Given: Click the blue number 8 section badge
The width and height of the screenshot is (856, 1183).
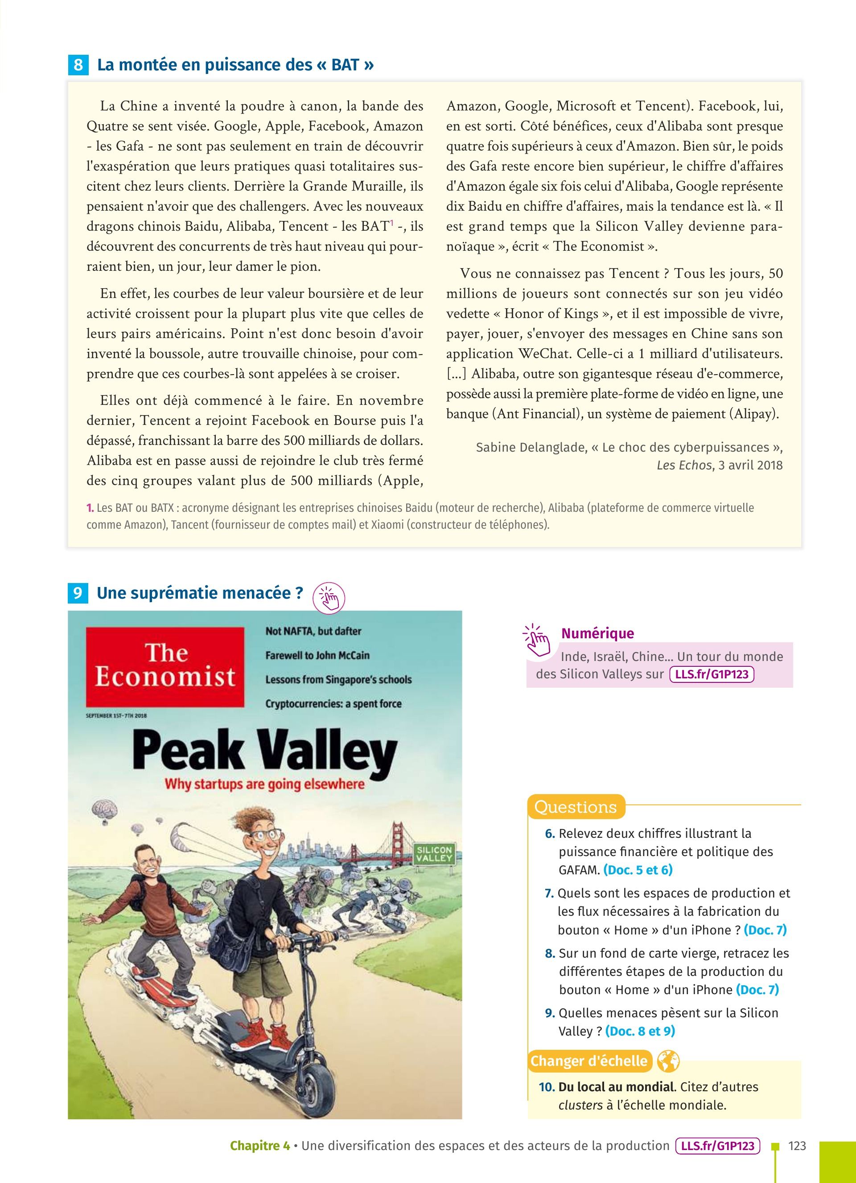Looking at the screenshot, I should coord(78,65).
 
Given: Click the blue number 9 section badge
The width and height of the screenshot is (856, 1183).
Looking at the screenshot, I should coord(78,593).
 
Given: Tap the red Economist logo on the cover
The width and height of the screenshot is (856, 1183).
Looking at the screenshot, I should coord(165,667).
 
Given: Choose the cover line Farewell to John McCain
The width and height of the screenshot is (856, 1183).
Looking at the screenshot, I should coord(317,655).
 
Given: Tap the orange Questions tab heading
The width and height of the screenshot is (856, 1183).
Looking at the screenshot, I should coord(575,807).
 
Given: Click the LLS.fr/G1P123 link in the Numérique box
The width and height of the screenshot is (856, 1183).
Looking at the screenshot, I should coord(712,674).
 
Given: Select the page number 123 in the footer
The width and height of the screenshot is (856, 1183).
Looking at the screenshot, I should coord(797,1146).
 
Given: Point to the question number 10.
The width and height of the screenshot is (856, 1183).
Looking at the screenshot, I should coord(547,1087).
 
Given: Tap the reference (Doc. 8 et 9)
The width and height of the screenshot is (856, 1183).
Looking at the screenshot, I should coord(640,1031).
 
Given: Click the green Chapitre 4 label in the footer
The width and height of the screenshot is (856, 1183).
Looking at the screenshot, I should coord(259,1146).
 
